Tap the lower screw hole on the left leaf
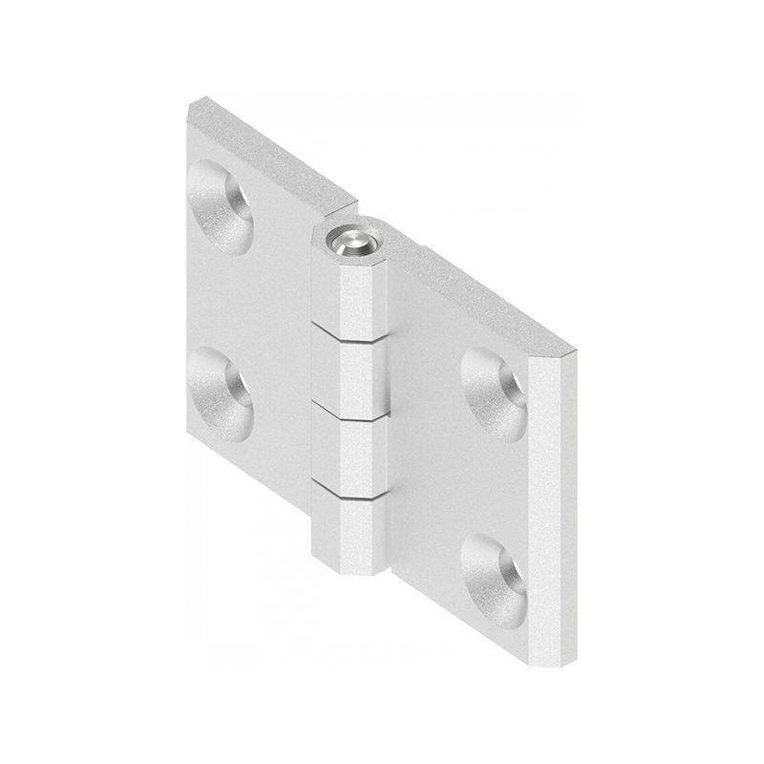click(x=221, y=393)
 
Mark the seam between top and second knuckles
click(x=350, y=333)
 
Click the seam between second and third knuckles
click(x=350, y=414)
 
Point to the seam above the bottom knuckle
click(x=350, y=493)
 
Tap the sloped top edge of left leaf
click(x=272, y=153)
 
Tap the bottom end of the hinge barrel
click(x=350, y=571)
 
